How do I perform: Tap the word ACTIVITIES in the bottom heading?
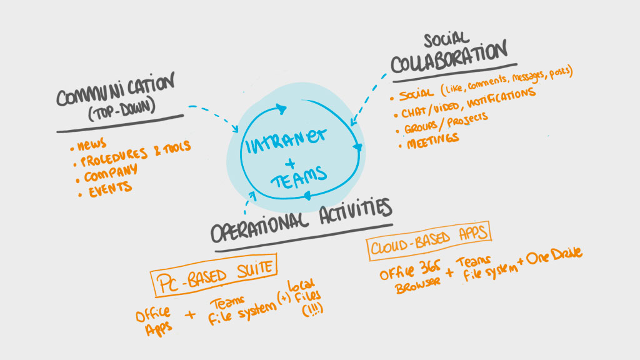pyautogui.click(x=349, y=212)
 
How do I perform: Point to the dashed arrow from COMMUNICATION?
pyautogui.click(x=212, y=115)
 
